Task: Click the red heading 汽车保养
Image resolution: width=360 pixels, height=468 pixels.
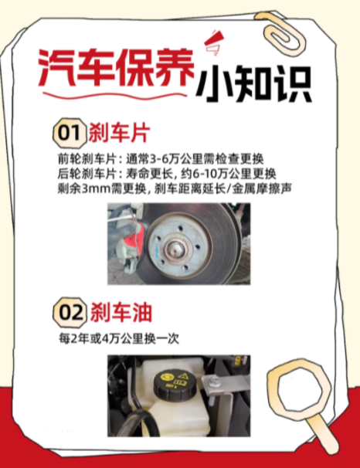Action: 116,68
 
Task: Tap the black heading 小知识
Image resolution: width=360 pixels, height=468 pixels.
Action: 254,84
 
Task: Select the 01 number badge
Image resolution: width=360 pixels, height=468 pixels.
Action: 70,133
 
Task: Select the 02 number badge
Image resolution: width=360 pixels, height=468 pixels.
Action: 70,313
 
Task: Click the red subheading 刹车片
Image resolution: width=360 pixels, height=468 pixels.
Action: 119,133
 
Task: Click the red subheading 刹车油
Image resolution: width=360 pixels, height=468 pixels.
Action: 121,313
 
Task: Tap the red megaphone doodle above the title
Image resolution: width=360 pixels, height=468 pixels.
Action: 214,42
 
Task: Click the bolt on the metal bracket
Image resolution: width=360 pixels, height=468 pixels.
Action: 215,380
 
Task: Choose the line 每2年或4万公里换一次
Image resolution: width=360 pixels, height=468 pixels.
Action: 119,339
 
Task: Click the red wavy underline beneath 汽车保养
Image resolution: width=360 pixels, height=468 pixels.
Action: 115,96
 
